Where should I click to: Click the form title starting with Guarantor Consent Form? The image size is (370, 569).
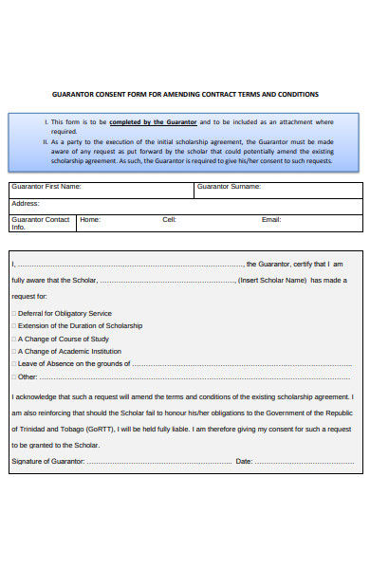pos(184,94)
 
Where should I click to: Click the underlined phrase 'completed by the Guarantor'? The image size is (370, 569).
pos(153,122)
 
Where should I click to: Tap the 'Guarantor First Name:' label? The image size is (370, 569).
pos(46,187)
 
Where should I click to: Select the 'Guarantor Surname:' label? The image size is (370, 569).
pos(229,187)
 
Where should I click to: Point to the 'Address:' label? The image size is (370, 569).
pos(26,203)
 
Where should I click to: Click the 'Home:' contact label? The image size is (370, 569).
pos(90,219)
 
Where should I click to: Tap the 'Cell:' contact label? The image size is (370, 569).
pos(170,219)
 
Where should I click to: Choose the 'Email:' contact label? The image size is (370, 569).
pos(271,219)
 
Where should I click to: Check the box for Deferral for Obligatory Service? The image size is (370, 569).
pos(14,313)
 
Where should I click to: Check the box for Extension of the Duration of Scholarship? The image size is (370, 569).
pos(14,325)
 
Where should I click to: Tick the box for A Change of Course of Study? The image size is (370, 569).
pos(14,339)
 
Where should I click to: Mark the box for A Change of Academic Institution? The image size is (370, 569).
pos(14,351)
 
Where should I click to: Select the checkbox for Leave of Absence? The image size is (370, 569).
pos(14,363)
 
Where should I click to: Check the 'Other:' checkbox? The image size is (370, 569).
pos(14,376)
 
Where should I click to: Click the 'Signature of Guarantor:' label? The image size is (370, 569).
pos(48,461)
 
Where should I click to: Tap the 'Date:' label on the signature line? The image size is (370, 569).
pos(244,461)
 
